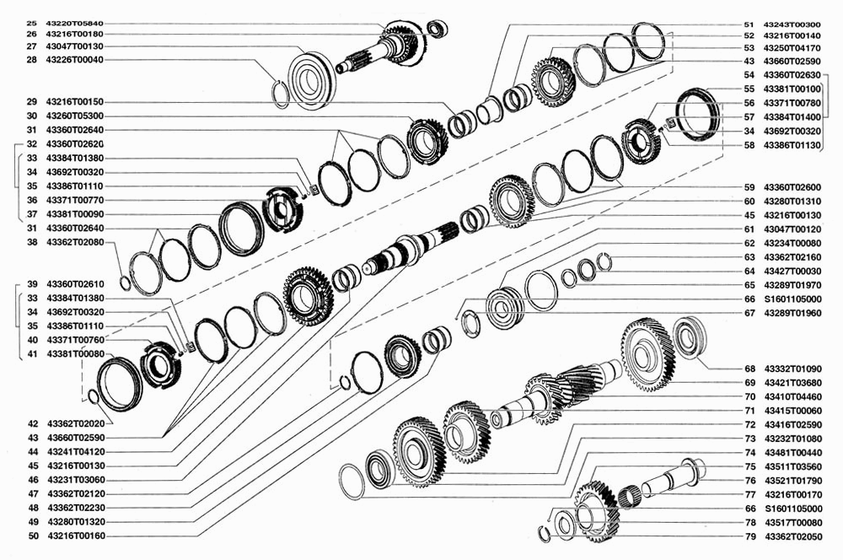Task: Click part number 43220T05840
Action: tap(75, 23)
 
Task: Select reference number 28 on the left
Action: tap(32, 60)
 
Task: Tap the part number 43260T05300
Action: tap(75, 116)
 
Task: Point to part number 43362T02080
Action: tap(75, 242)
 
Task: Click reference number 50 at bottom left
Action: tap(34, 536)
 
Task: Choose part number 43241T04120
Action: tap(77, 452)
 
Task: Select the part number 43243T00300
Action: tap(792, 24)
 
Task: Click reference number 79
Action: tap(750, 536)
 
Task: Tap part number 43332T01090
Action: tap(793, 369)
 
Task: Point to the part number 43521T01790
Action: tap(793, 481)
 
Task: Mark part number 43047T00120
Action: tap(792, 229)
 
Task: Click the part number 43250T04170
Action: tap(792, 48)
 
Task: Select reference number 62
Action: tap(749, 243)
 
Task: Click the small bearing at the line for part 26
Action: tap(437, 29)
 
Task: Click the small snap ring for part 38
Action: tap(124, 283)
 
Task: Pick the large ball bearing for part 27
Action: tap(313, 82)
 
